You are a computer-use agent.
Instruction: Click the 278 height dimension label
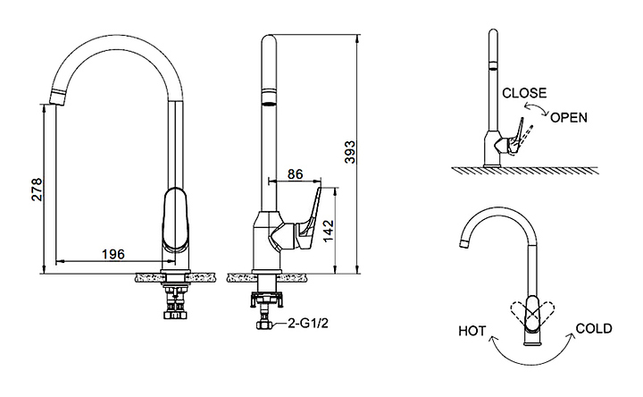click(x=37, y=189)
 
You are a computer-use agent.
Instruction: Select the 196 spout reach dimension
click(x=113, y=254)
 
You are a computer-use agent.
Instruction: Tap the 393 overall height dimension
click(x=350, y=152)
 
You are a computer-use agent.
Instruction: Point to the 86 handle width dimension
click(x=295, y=174)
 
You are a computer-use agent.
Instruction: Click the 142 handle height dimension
click(x=329, y=231)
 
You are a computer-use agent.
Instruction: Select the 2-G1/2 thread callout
click(x=308, y=324)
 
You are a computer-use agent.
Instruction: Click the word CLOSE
click(x=524, y=93)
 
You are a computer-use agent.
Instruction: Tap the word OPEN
click(x=569, y=117)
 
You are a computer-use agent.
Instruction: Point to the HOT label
click(x=472, y=331)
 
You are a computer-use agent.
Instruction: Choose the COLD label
click(x=594, y=328)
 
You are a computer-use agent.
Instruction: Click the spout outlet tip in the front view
click(x=57, y=97)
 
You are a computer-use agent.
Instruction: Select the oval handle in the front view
click(x=175, y=220)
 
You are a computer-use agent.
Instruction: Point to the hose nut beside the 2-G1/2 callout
click(x=264, y=324)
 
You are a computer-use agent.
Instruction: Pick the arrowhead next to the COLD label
click(x=571, y=337)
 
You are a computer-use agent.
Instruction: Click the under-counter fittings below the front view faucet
click(x=176, y=300)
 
